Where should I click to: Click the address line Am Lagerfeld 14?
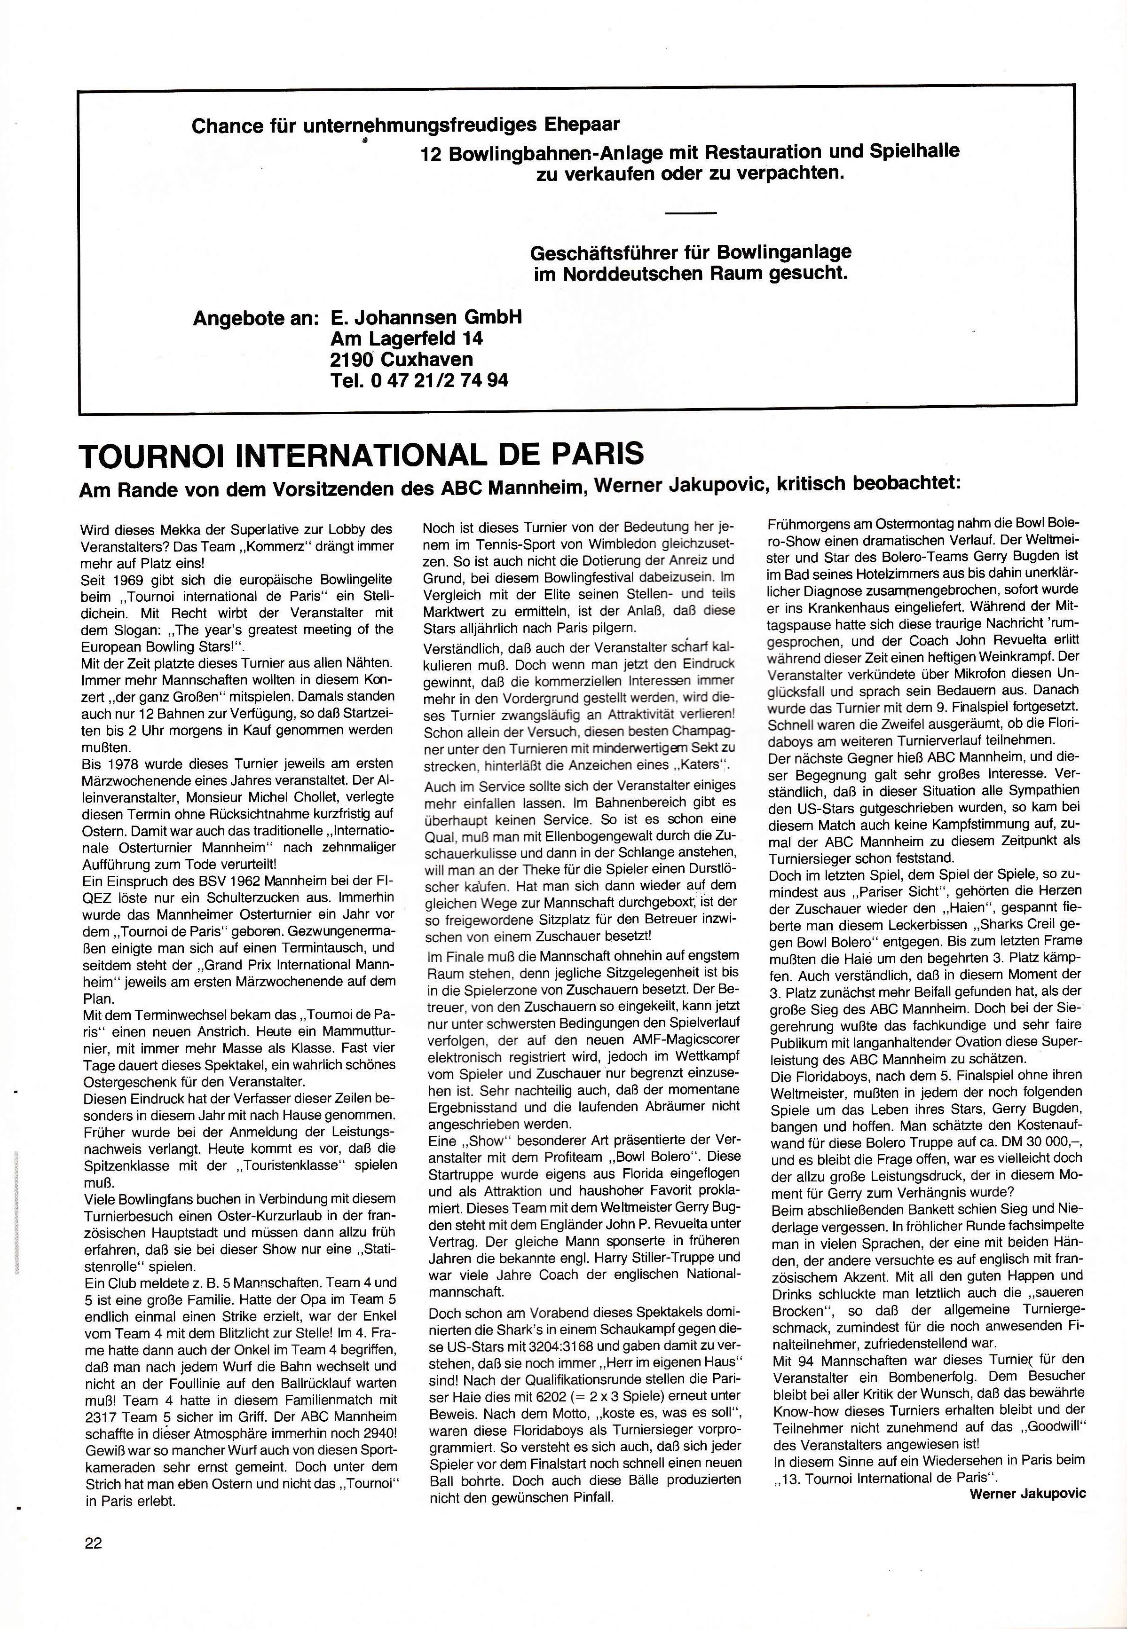coord(407,338)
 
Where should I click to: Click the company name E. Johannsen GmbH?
coord(426,317)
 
